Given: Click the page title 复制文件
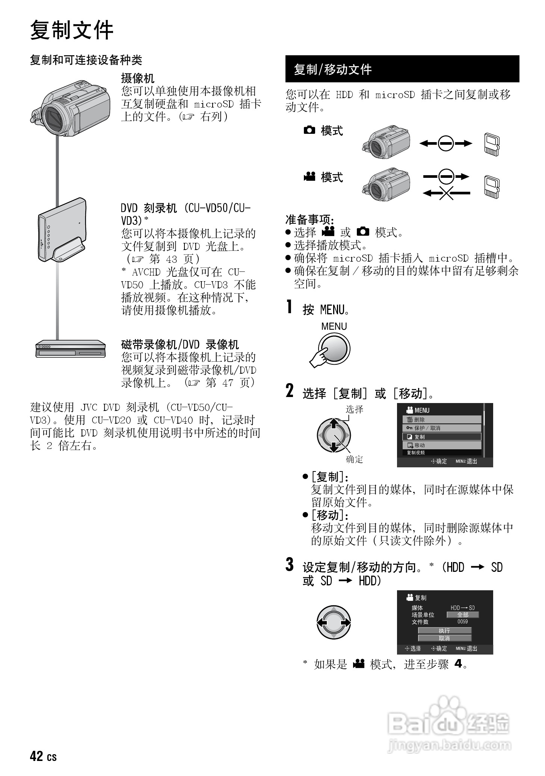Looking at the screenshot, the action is pyautogui.click(x=71, y=30).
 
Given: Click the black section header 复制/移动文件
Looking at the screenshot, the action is pyautogui.click(x=333, y=70).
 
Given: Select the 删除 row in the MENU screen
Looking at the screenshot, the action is pyautogui.click(x=442, y=420).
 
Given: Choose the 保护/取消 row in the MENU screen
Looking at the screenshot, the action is pyautogui.click(x=442, y=428).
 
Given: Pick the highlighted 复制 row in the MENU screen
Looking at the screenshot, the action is pyautogui.click(x=442, y=437).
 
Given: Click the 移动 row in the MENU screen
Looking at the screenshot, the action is pyautogui.click(x=442, y=445).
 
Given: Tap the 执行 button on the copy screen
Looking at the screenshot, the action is pyautogui.click(x=444, y=630).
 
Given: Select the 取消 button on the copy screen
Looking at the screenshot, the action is pyautogui.click(x=444, y=638).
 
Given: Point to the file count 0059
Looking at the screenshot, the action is pyautogui.click(x=462, y=622).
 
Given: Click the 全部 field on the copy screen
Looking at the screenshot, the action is pyautogui.click(x=462, y=615).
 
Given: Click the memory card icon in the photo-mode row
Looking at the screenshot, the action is pyautogui.click(x=492, y=144).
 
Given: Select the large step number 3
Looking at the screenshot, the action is pyautogui.click(x=289, y=565).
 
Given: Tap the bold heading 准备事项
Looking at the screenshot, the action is pyautogui.click(x=310, y=219).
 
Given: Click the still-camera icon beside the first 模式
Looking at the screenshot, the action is pyautogui.click(x=309, y=130).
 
